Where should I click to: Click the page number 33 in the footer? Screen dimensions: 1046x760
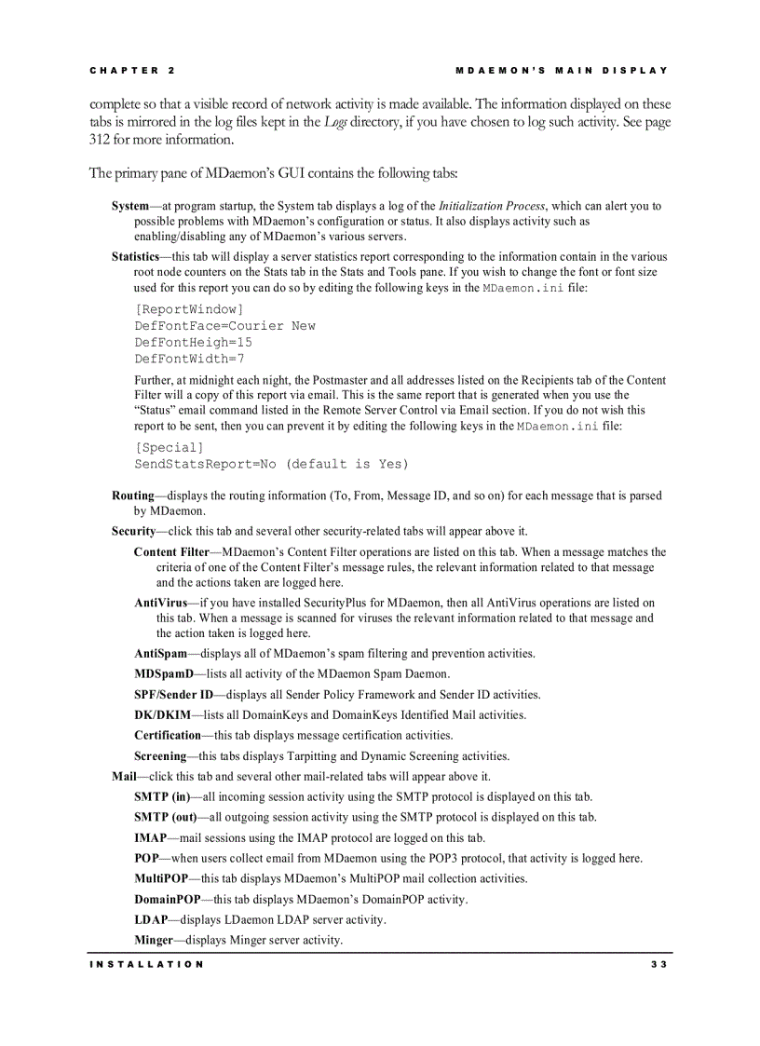659,964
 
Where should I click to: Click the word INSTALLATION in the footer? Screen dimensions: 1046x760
146,964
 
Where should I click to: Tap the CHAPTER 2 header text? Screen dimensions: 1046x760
132,71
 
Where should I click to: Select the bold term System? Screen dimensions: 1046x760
130,206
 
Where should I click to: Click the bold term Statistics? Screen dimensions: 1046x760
135,257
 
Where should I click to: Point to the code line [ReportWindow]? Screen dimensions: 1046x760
189,309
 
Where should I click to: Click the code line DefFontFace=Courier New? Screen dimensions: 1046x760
224,326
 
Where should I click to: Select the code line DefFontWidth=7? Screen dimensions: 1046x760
189,359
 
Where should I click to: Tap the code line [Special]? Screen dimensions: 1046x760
169,447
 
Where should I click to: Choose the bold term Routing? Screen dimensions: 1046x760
132,496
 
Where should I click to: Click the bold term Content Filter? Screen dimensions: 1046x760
171,552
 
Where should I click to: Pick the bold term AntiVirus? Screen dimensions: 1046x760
160,604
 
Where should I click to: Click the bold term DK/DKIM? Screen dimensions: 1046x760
162,715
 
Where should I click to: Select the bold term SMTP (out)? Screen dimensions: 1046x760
165,818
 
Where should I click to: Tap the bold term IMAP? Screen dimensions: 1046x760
151,838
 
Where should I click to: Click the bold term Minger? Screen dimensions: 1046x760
155,941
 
